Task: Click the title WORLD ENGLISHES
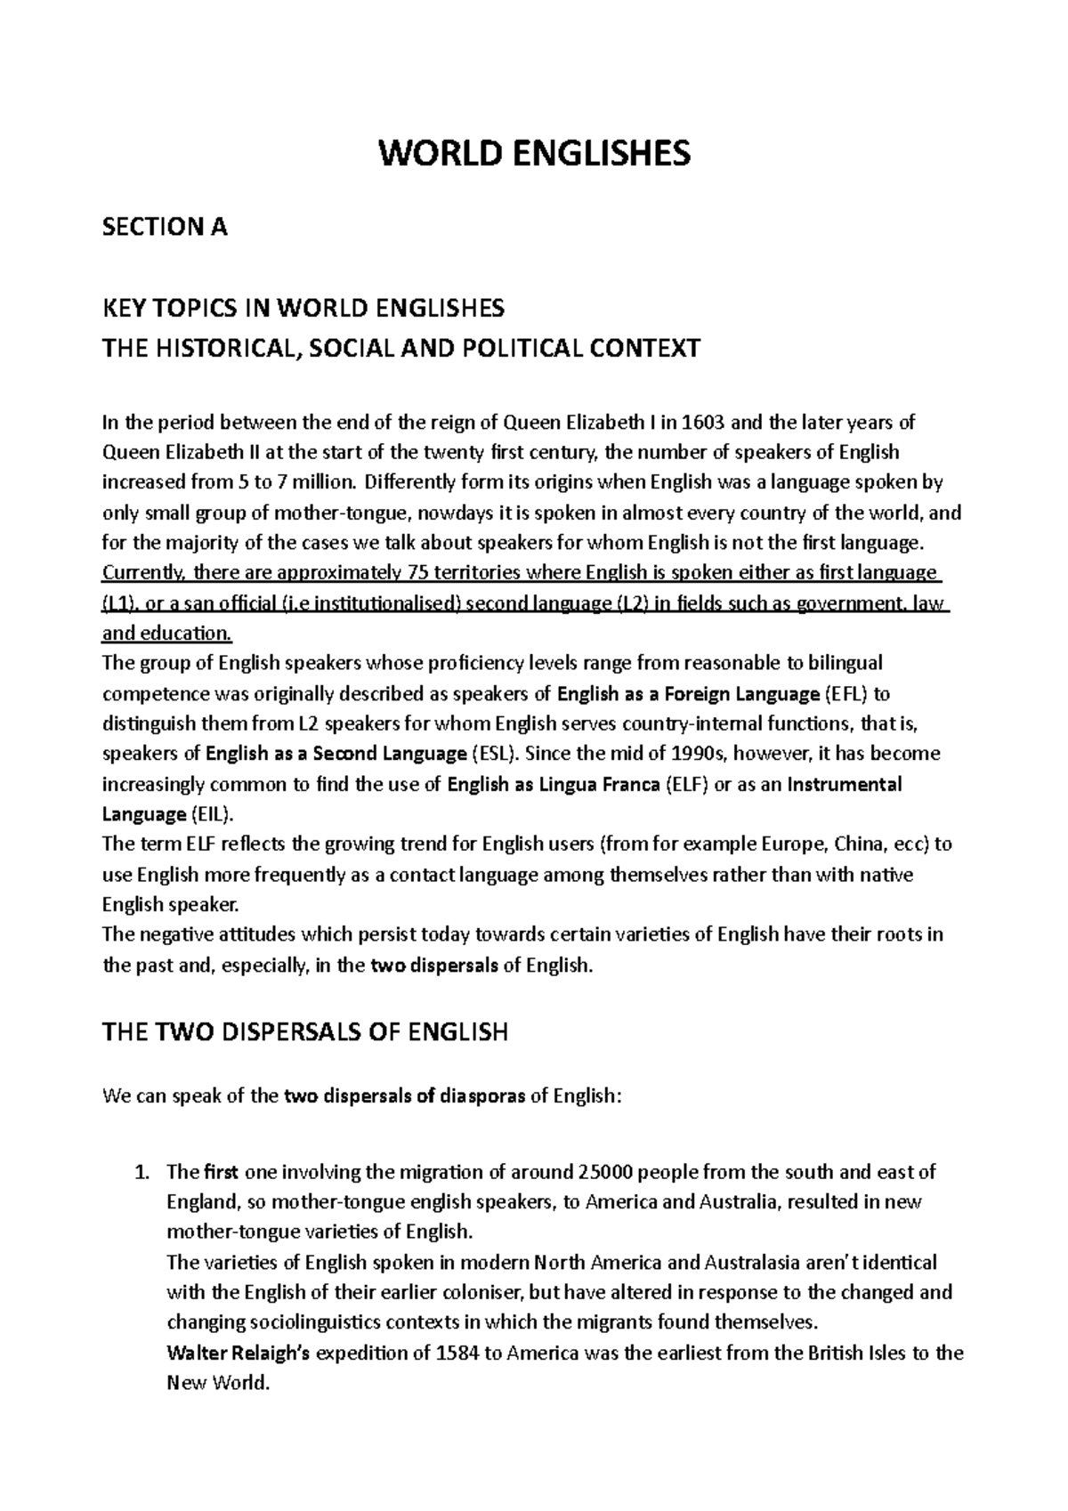534,154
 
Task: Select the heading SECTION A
166,228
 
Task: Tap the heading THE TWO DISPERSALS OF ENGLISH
305,1032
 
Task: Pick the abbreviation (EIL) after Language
211,814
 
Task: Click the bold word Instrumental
845,784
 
